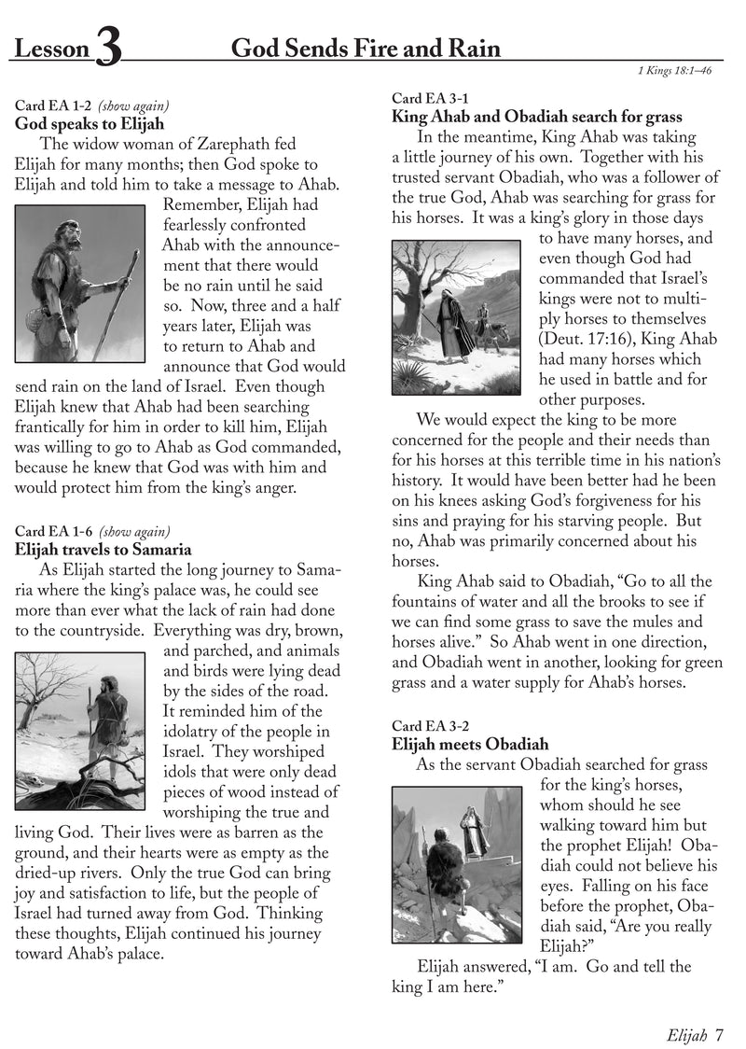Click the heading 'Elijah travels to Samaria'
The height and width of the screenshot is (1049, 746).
(x=104, y=550)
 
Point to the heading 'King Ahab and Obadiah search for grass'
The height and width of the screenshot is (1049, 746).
(x=536, y=118)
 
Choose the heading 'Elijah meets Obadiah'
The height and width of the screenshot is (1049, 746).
(x=470, y=744)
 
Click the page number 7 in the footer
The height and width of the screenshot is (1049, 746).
(x=719, y=1033)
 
